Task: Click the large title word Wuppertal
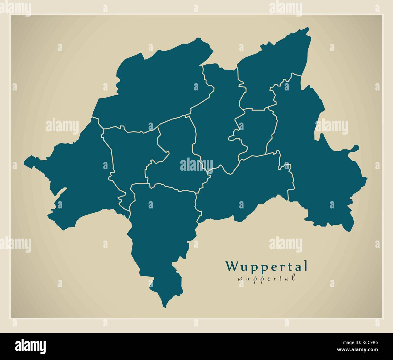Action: point(266,266)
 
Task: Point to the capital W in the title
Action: point(232,266)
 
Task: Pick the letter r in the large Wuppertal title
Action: point(283,267)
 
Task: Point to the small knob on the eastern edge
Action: point(356,148)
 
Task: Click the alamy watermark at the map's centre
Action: point(197,165)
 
